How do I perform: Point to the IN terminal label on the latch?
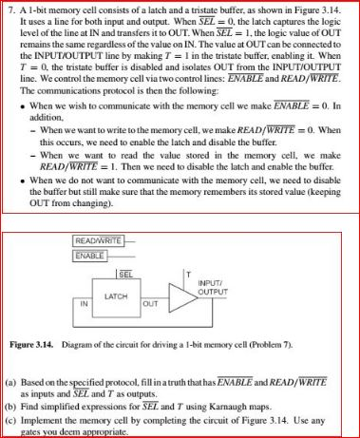pos(84,303)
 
